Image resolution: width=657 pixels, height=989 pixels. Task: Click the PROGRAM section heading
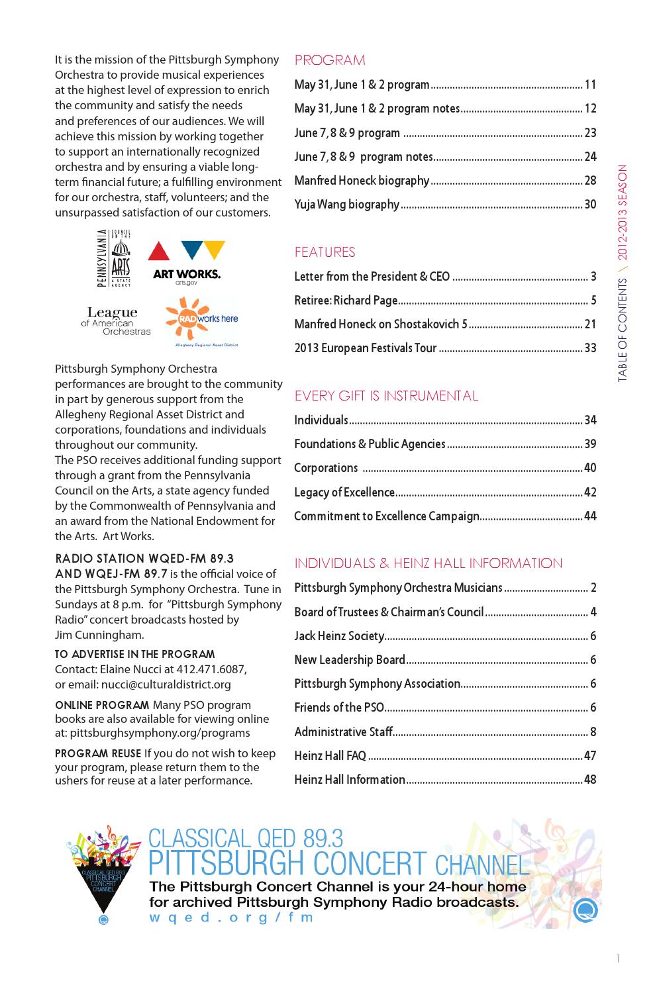pyautogui.click(x=330, y=60)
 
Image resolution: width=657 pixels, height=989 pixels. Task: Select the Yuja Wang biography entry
pyautogui.click(x=346, y=205)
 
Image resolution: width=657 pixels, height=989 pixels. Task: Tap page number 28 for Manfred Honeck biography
pyautogui.click(x=590, y=181)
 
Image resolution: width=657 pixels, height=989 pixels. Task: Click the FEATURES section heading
pyautogui.click(x=325, y=252)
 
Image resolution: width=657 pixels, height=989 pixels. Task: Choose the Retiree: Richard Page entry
pyautogui.click(x=346, y=301)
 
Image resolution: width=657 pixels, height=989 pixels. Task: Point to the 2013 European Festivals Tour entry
pyautogui.click(x=365, y=348)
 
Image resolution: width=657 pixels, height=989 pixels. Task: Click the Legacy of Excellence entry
pyautogui.click(x=344, y=493)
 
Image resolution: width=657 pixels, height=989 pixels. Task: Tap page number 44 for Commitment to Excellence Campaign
pyautogui.click(x=590, y=516)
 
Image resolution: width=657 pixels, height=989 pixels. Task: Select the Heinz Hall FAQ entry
pyautogui.click(x=330, y=756)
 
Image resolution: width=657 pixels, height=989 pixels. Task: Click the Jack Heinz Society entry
pyautogui.click(x=339, y=636)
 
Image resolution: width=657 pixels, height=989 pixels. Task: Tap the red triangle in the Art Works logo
pyautogui.click(x=158, y=251)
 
